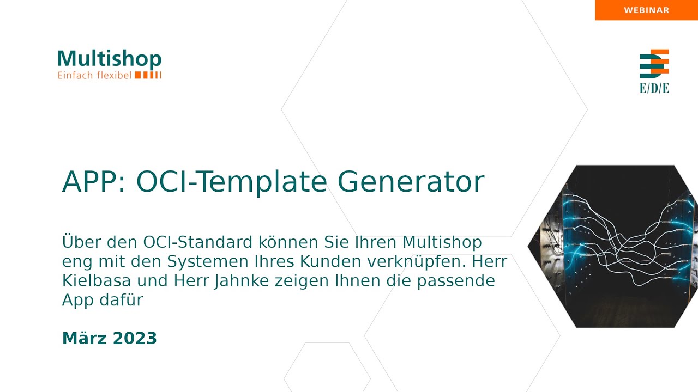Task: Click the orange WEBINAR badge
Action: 646,10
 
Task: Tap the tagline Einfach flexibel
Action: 94,75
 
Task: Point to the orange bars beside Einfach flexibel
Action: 148,75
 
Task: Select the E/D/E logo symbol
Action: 654,64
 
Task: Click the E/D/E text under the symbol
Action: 654,88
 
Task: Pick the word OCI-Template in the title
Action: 231,182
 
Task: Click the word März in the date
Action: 84,338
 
